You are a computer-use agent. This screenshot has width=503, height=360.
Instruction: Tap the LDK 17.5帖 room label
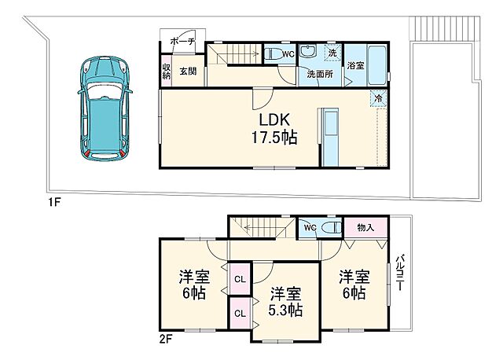pos(267,128)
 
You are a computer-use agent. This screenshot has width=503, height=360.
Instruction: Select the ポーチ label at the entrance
pos(182,42)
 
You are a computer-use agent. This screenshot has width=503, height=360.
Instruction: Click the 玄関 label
pos(187,72)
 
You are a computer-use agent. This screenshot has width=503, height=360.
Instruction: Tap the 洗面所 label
pos(318,74)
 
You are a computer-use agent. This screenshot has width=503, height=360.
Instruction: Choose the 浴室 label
pos(355,65)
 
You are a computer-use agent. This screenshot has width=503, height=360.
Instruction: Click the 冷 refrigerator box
pos(379,99)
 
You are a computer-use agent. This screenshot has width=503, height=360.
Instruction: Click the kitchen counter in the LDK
pos(331,137)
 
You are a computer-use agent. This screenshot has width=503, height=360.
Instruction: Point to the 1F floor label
pos(53,202)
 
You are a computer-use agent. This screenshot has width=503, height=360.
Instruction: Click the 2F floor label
pos(166,340)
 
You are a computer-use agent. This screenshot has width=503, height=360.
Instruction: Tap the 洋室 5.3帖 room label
pos(285,302)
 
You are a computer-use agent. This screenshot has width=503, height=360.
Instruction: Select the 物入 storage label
pos(365,228)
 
